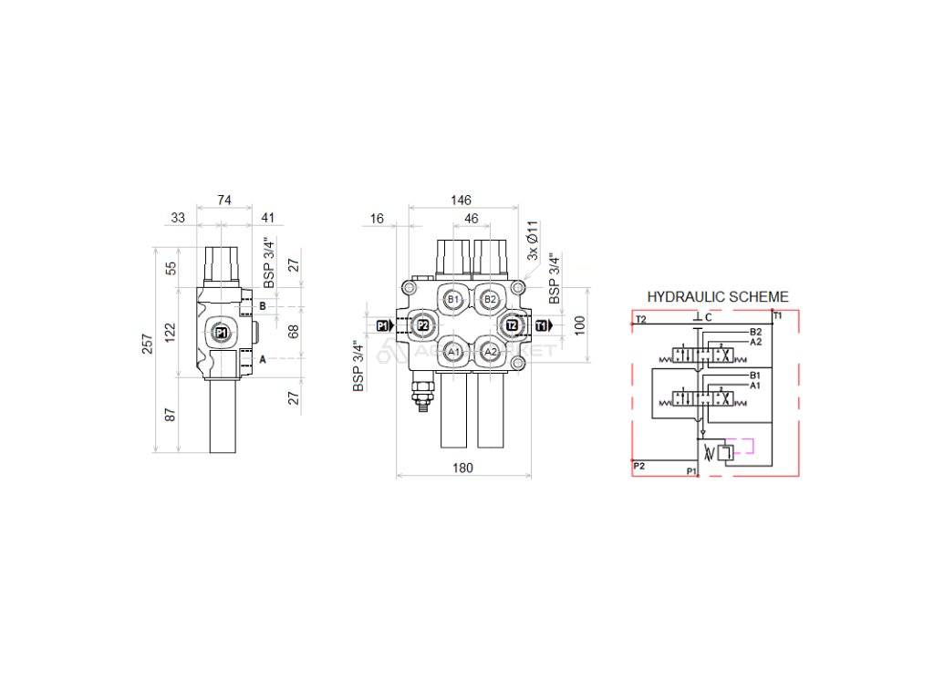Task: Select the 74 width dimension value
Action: pos(223,200)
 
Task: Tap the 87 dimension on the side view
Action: pos(171,415)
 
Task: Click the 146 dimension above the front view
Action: pos(462,200)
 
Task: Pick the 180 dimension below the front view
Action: pos(462,468)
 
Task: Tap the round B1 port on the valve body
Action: pos(453,299)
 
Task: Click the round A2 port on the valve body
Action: pos(491,352)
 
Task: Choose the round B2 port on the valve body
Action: pos(491,299)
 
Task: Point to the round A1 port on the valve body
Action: pos(453,352)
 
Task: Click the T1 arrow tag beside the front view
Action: pos(543,325)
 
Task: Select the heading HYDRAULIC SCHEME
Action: pos(718,297)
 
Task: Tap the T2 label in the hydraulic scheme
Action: pos(641,319)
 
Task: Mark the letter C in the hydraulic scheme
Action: pos(708,318)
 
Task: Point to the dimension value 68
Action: pos(294,332)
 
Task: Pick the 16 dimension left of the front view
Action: pos(377,219)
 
